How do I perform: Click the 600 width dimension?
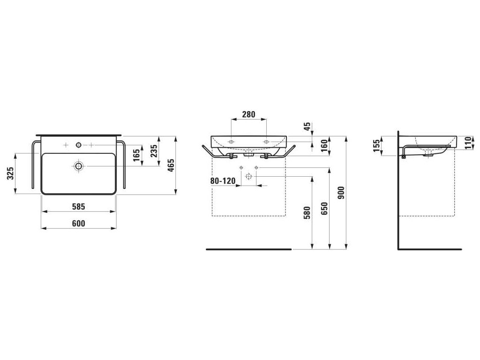point(79,224)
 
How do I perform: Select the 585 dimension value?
point(79,206)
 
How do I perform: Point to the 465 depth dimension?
point(171,165)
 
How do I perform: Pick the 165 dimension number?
point(136,155)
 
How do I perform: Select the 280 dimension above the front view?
point(248,113)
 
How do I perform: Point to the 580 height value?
point(307,214)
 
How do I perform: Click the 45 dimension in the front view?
point(307,126)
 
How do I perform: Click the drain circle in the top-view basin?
point(78,165)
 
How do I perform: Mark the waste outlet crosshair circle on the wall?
point(248,176)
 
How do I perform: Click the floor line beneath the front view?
point(248,249)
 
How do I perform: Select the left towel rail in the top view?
point(33,164)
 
